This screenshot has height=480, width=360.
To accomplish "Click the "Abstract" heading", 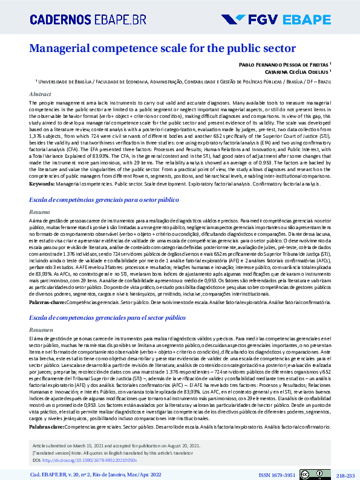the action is (x=41, y=94).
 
